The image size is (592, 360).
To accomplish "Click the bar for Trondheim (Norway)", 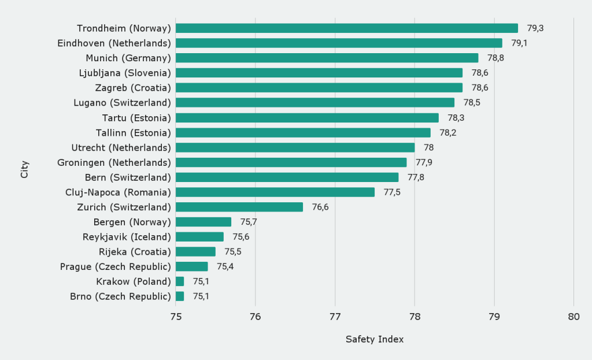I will point(347,28).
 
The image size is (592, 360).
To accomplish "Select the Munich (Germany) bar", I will point(327,58).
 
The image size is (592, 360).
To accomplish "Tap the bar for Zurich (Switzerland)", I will point(239,207).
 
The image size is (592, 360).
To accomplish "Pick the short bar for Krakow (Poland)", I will point(180,281).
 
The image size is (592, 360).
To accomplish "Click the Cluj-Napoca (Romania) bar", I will point(275,192).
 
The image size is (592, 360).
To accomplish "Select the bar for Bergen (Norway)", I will point(203,222).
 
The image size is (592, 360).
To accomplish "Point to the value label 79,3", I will point(535,28).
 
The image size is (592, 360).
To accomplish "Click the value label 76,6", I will point(320,207).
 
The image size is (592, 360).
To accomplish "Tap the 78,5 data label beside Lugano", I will point(472,102).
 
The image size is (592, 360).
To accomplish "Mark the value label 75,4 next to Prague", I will point(225,266).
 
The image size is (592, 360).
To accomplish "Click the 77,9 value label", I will point(424,162).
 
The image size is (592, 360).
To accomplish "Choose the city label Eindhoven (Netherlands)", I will point(114,43).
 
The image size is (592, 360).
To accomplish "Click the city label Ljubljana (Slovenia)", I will point(125,73).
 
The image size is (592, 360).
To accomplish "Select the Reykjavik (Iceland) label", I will point(127,237).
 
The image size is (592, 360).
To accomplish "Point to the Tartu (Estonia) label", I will point(133,117).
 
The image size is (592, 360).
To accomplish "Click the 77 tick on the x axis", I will point(335,317).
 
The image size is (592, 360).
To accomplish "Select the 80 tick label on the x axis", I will point(573,317).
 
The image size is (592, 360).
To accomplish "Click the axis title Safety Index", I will point(375,339).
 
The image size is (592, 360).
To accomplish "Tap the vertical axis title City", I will point(24,169).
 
